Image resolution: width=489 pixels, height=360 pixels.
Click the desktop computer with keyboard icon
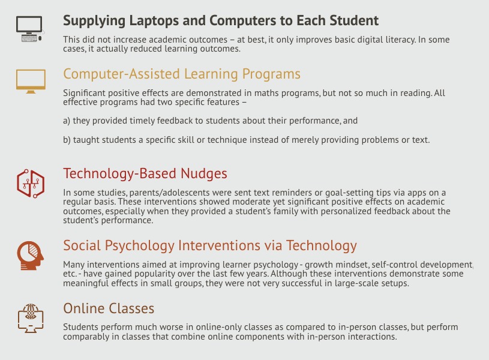pos(29,29)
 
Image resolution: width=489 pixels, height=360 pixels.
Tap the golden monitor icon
pos(31,81)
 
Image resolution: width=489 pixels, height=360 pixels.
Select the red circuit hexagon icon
pos(31,184)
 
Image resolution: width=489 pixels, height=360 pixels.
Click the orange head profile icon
pos(30,256)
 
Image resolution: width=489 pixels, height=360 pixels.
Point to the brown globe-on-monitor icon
pos(31,318)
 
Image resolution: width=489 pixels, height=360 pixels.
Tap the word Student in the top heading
pos(354,20)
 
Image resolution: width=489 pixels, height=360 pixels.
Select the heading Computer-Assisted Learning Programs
pos(182,74)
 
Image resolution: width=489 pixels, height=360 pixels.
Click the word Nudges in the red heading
pos(204,174)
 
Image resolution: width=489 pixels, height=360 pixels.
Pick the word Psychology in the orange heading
pos(140,246)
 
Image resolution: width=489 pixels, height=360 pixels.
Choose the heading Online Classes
pos(109,308)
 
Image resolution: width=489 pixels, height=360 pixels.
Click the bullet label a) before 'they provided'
pos(67,121)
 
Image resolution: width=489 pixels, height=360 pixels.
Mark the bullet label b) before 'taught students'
pos(67,140)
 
